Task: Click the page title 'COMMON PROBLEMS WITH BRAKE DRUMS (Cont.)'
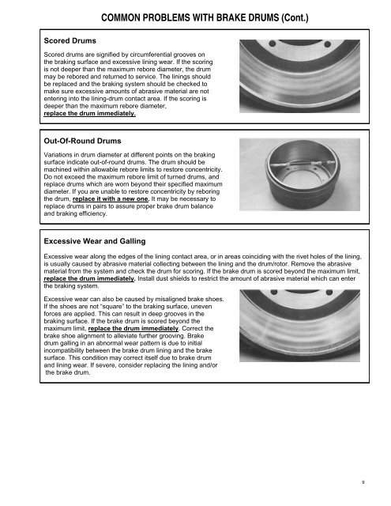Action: (x=205, y=17)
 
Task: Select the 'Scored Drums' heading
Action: (x=70, y=40)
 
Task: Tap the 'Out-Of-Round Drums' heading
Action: (x=82, y=141)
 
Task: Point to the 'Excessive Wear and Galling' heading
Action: (x=95, y=241)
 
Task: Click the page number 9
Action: (x=363, y=482)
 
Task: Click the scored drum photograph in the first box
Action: (x=299, y=76)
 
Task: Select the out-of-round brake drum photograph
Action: (x=299, y=175)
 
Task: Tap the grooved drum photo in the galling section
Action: (x=299, y=326)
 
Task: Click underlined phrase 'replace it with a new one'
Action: (x=111, y=198)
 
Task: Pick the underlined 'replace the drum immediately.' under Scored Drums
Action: (x=89, y=113)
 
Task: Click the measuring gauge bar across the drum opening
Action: (x=303, y=164)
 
